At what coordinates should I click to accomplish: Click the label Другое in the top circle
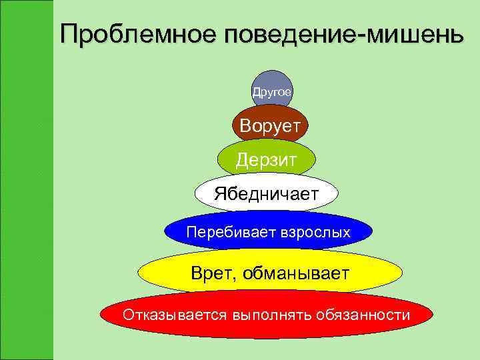click(271, 92)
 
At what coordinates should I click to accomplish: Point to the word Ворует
click(271, 125)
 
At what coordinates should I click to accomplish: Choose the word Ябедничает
click(266, 193)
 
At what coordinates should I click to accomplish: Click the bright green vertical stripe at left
click(27, 180)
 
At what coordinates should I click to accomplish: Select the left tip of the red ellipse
click(101, 314)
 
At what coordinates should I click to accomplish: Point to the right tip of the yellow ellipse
click(401, 272)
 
